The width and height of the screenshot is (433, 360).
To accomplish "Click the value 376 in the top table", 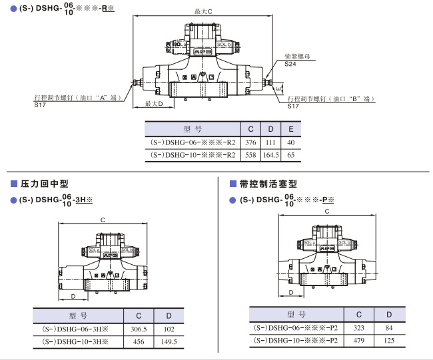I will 250,142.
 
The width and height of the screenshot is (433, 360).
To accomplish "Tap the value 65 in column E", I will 290,155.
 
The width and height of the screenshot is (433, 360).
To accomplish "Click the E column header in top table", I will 290,129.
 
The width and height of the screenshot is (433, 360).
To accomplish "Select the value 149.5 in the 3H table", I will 169,341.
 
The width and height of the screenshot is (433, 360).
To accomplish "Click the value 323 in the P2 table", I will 359,327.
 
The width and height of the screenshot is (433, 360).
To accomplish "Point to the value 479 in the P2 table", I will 359,340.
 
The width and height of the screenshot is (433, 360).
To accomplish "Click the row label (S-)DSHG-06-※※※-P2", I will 296,327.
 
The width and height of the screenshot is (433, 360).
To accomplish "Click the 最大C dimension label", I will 203,12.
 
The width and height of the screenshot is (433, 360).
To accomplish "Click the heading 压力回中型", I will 45,183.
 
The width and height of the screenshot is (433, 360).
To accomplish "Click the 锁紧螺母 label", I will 296,57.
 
